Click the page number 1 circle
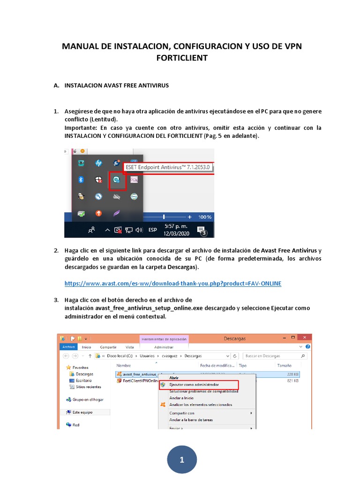click(x=182, y=460)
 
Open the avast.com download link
click(x=173, y=284)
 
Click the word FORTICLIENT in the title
click(x=181, y=58)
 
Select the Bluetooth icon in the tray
click(x=81, y=179)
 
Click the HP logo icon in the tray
click(x=98, y=163)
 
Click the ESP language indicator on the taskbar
click(x=152, y=230)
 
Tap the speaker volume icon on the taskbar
click(x=139, y=230)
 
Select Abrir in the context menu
click(x=174, y=378)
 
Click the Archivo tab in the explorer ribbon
click(x=68, y=347)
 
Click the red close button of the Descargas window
click(x=305, y=338)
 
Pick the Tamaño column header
click(x=284, y=365)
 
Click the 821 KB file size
click(x=293, y=381)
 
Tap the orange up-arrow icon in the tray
click(x=98, y=213)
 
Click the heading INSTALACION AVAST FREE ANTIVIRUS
click(x=116, y=86)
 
